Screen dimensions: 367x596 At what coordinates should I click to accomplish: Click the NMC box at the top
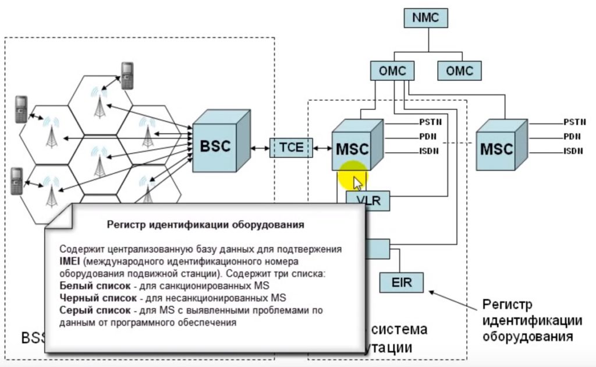pos(428,18)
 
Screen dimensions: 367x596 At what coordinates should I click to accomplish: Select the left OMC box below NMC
pos(393,71)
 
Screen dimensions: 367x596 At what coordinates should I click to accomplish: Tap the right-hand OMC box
pos(459,71)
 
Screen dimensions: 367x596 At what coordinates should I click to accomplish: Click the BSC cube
pos(215,146)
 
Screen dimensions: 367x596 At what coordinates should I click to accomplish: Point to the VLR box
pos(367,201)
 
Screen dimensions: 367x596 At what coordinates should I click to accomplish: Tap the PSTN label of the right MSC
pos(574,122)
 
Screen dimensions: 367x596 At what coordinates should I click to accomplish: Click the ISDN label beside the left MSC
pos(428,152)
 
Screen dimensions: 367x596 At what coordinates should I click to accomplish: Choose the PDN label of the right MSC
pos(572,137)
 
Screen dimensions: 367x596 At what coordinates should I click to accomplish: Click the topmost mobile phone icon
pos(127,75)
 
